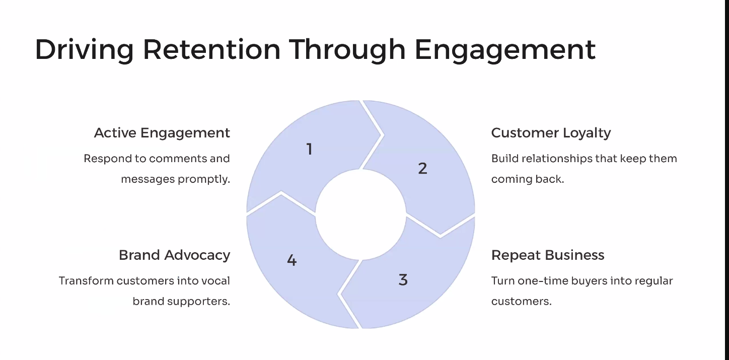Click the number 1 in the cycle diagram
tap(310, 150)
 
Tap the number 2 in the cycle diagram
tap(422, 169)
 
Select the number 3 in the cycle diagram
tap(403, 280)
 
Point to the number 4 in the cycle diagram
tap(291, 260)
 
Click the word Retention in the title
tap(211, 49)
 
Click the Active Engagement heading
tap(162, 133)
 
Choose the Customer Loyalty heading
tap(551, 133)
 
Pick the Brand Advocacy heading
tap(174, 255)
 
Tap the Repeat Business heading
tap(548, 255)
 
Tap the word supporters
tap(198, 302)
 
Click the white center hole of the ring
tap(360, 214)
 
